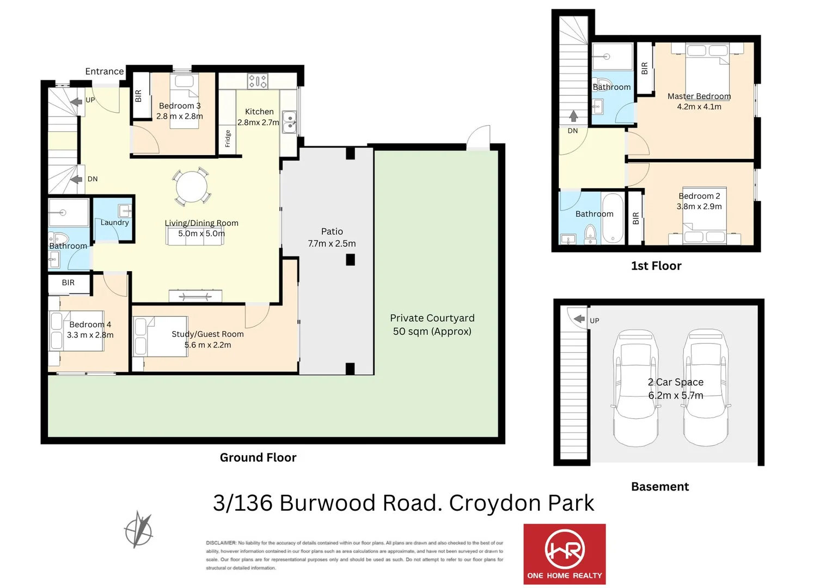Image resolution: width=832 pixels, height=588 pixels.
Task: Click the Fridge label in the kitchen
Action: pyautogui.click(x=228, y=139)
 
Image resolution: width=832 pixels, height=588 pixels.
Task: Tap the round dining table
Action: pyautogui.click(x=191, y=187)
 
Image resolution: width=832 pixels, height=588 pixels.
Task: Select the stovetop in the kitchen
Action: pyautogui.click(x=258, y=82)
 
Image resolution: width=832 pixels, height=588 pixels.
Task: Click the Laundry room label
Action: pyautogui.click(x=114, y=222)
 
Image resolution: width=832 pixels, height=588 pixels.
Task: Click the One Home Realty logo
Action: pyautogui.click(x=564, y=554)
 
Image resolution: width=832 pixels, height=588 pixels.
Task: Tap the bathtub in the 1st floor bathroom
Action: pyautogui.click(x=613, y=218)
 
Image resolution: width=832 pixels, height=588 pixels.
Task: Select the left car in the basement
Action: pyautogui.click(x=635, y=388)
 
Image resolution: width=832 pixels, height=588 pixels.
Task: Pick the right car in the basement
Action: pyautogui.click(x=706, y=388)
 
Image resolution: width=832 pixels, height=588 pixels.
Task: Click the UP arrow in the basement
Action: pyautogui.click(x=579, y=319)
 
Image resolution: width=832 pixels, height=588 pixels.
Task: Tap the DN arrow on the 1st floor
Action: pyautogui.click(x=573, y=116)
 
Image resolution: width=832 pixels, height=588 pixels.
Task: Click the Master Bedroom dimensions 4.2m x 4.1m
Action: pyautogui.click(x=699, y=107)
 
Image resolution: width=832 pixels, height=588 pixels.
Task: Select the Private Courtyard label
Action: pyautogui.click(x=432, y=318)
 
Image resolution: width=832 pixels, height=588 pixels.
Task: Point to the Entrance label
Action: pyautogui.click(x=104, y=71)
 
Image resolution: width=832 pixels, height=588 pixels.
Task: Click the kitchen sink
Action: pyautogui.click(x=289, y=122)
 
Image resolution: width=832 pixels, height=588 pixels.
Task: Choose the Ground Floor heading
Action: pyautogui.click(x=258, y=457)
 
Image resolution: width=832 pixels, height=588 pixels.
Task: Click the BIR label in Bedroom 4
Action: pyautogui.click(x=68, y=283)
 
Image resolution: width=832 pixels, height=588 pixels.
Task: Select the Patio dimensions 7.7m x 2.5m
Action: pyautogui.click(x=332, y=243)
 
